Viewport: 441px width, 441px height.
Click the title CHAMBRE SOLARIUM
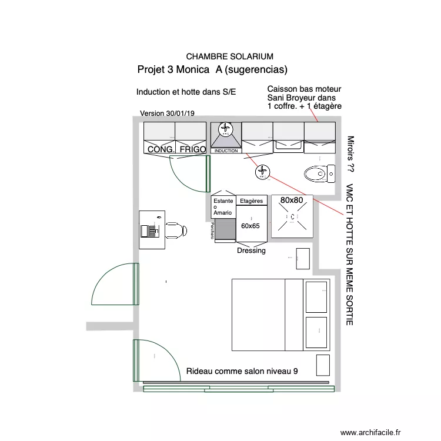coord(229,56)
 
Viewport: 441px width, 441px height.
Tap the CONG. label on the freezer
coord(161,150)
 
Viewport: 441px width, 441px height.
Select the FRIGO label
coord(192,150)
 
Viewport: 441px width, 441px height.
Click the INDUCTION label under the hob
coord(226,151)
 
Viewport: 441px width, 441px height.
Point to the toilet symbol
coord(316,173)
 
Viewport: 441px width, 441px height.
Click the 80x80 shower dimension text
coord(292,201)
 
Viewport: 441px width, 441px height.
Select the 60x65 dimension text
coord(250,226)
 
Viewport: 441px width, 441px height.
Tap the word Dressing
coord(251,250)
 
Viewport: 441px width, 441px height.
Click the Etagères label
coord(251,201)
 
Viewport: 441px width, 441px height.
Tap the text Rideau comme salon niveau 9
coord(242,372)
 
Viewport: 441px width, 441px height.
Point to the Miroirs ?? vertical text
coord(350,154)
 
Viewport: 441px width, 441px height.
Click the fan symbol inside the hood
coord(226,129)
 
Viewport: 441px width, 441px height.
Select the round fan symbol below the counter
coord(262,172)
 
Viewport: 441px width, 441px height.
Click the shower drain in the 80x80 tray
coord(292,218)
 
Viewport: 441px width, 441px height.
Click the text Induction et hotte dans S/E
coord(186,92)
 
